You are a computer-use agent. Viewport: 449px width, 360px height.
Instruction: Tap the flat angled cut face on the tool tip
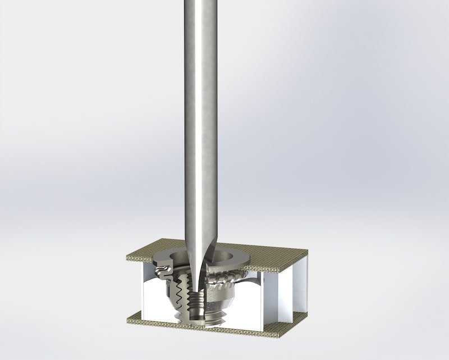point(207,264)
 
